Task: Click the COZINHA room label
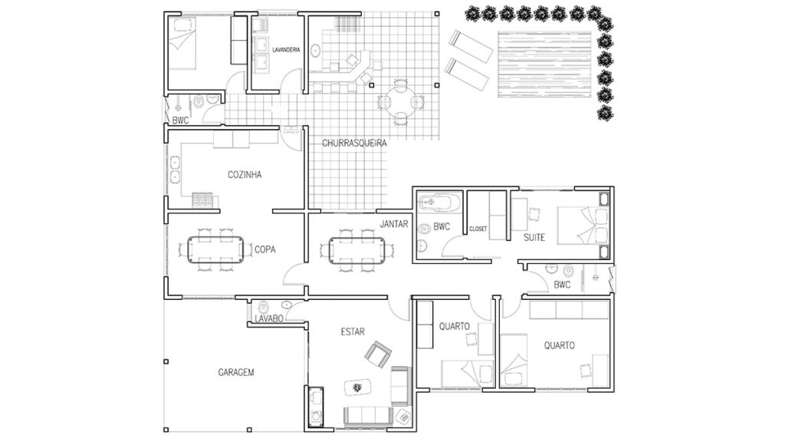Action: (245, 175)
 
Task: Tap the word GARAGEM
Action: (236, 372)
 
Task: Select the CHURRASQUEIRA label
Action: (354, 143)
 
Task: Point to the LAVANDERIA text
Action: (286, 50)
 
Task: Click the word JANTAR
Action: (394, 224)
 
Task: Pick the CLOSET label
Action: (478, 229)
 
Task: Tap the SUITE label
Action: (534, 238)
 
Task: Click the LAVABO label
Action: (269, 318)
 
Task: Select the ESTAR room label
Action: (353, 331)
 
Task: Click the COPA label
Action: (264, 249)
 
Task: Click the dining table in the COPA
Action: (215, 249)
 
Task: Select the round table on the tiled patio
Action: (400, 101)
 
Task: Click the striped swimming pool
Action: (544, 64)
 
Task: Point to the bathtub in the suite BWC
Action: (439, 203)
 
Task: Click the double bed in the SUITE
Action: (583, 226)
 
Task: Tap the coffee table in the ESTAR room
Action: (357, 387)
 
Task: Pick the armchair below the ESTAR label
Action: (377, 355)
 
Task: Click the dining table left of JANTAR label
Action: (356, 250)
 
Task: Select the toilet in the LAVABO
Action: (264, 307)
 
